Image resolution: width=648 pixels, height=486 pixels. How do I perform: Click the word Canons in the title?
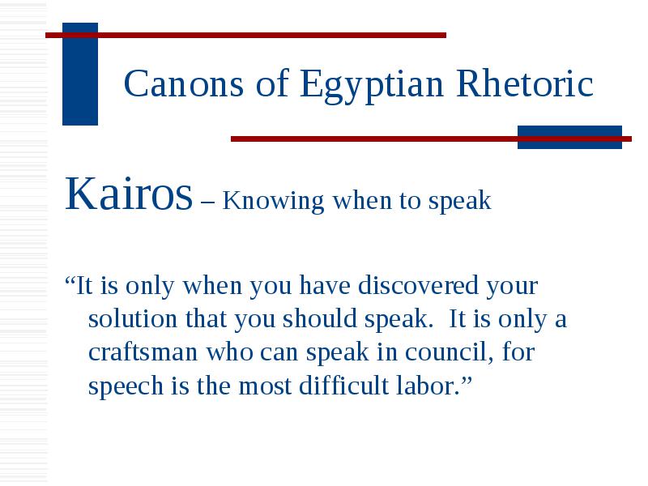click(x=184, y=83)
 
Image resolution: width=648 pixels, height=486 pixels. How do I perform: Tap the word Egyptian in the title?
click(x=372, y=86)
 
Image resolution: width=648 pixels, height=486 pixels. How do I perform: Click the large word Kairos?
click(x=129, y=194)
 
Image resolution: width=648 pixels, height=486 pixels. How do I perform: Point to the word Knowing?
click(x=273, y=202)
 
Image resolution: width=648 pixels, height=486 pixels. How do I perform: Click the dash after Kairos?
click(x=207, y=202)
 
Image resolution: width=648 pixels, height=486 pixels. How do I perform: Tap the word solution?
click(x=133, y=318)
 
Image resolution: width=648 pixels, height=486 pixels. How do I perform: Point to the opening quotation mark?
click(x=70, y=279)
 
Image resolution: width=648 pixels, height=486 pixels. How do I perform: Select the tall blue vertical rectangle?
click(x=80, y=74)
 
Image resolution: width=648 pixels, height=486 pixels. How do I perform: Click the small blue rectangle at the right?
click(x=570, y=137)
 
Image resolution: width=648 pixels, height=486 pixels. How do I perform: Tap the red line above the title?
click(x=246, y=36)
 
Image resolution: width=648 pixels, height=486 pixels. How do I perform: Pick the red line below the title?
click(x=431, y=139)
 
